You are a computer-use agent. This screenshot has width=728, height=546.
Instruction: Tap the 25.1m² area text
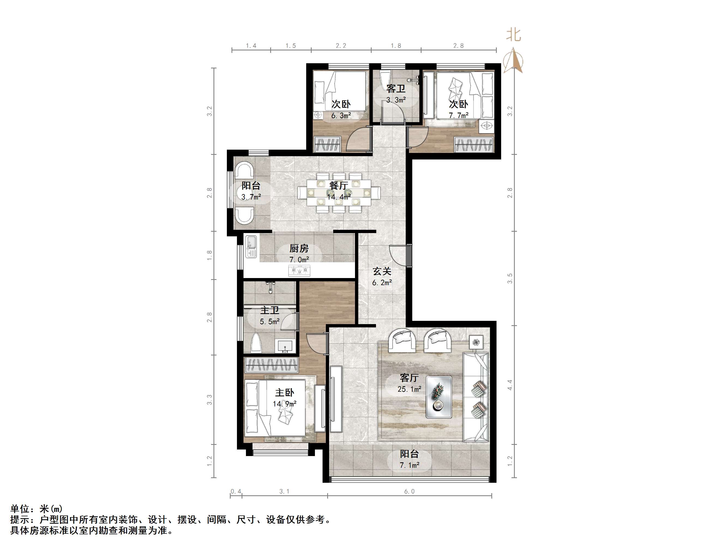click(409, 389)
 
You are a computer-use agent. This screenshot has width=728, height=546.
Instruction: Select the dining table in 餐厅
click(339, 192)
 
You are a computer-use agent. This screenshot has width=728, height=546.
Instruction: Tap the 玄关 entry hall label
click(382, 271)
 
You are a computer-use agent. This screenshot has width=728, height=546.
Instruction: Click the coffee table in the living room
click(439, 397)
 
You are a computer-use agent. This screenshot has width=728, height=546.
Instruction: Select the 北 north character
click(513, 35)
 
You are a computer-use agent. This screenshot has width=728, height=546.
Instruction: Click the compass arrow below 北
click(515, 61)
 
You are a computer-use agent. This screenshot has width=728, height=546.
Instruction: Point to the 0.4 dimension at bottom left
click(236, 491)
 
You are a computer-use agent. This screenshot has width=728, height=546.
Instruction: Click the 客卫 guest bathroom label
click(396, 89)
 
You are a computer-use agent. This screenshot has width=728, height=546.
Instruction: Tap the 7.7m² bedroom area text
click(458, 116)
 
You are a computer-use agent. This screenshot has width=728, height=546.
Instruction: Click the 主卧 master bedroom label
click(284, 392)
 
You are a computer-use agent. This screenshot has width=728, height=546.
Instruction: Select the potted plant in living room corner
click(476, 342)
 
